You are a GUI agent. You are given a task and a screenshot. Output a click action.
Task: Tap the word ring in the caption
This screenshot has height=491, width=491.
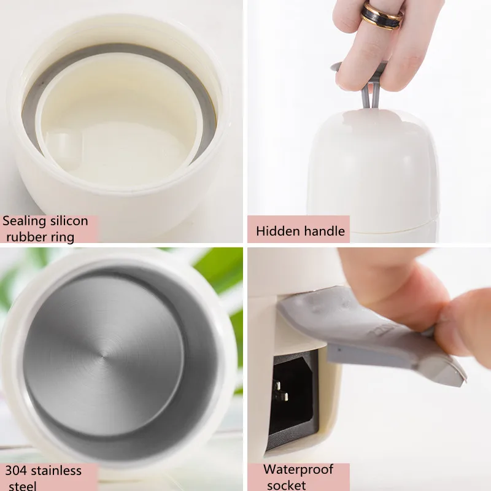[x=61, y=237]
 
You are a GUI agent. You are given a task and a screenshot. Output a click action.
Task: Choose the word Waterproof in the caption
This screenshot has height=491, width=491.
[x=298, y=470]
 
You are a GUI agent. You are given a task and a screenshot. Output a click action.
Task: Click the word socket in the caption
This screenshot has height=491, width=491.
[x=287, y=485]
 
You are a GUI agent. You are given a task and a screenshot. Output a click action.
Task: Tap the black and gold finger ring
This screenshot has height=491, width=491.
[x=381, y=15]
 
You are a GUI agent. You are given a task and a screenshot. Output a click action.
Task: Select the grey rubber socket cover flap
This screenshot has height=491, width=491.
[x=368, y=331]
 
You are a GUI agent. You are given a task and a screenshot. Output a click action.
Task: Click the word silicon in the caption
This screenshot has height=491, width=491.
[x=68, y=221]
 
